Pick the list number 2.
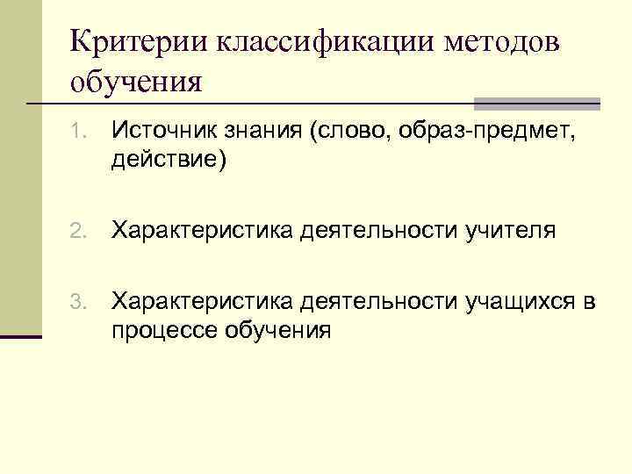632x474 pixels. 77,232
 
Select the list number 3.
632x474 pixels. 77,304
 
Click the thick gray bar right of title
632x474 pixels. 537,104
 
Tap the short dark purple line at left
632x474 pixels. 21,336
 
